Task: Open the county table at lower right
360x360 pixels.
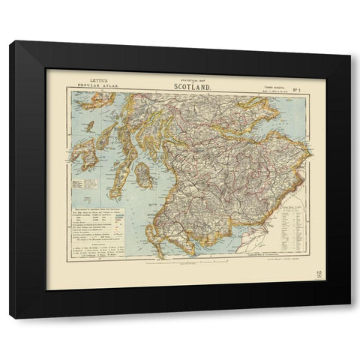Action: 291,225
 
